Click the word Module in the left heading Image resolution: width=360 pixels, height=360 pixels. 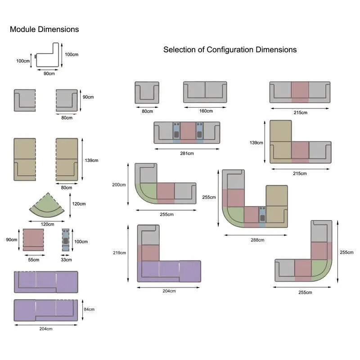(23, 30)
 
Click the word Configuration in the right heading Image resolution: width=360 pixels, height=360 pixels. (230, 49)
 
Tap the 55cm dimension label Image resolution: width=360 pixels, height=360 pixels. (33, 259)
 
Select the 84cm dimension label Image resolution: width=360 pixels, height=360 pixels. (89, 310)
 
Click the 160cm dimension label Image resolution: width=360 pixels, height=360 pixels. (206, 111)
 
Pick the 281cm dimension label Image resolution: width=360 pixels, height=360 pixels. (187, 153)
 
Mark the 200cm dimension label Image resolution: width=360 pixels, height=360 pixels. (119, 184)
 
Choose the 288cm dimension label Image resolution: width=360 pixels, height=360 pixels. (257, 240)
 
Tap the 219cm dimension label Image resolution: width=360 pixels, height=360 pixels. (119, 253)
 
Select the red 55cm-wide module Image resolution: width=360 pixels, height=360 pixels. (33, 239)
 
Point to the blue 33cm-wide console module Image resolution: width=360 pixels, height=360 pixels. (66, 240)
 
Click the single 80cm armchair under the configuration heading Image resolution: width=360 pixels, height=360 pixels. (147, 92)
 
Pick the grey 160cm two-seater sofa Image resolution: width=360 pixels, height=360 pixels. (205, 92)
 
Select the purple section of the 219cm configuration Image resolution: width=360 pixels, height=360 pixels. (169, 271)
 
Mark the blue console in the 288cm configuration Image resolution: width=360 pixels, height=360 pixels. (262, 215)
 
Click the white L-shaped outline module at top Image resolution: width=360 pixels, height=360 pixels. (48, 56)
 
